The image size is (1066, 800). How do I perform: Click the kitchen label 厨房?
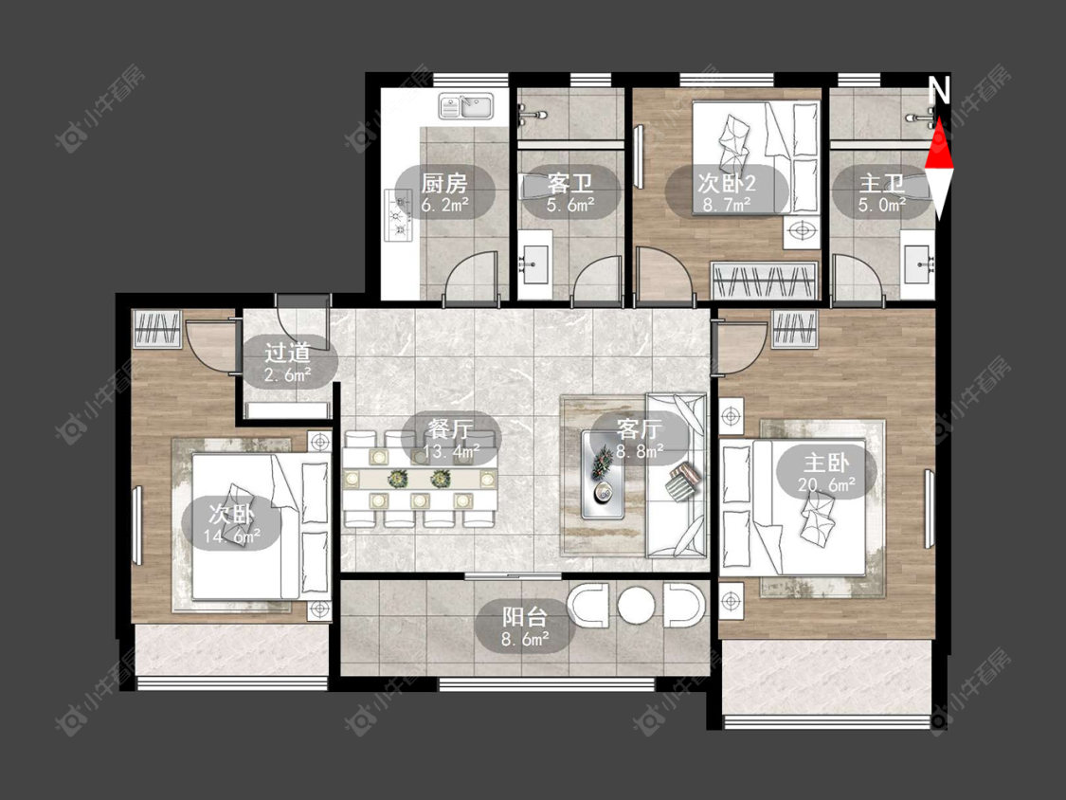444,183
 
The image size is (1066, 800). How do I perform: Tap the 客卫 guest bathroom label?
569,183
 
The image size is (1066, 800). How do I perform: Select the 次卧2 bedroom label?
726,183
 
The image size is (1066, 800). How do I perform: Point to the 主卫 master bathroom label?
882,183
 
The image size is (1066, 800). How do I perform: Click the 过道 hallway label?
287,353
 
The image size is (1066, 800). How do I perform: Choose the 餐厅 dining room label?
451,429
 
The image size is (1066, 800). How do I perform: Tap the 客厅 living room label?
640,429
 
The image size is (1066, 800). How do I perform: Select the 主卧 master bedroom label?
826,464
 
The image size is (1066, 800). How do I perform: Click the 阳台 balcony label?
525,617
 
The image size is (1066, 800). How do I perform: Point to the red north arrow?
940,143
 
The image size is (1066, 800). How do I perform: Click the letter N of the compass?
939,90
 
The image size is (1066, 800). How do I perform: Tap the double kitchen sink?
466,106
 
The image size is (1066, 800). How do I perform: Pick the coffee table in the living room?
604,474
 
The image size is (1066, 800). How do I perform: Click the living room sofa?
677,475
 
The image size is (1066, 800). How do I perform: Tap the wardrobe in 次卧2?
764,281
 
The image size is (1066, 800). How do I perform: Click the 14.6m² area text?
231,536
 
